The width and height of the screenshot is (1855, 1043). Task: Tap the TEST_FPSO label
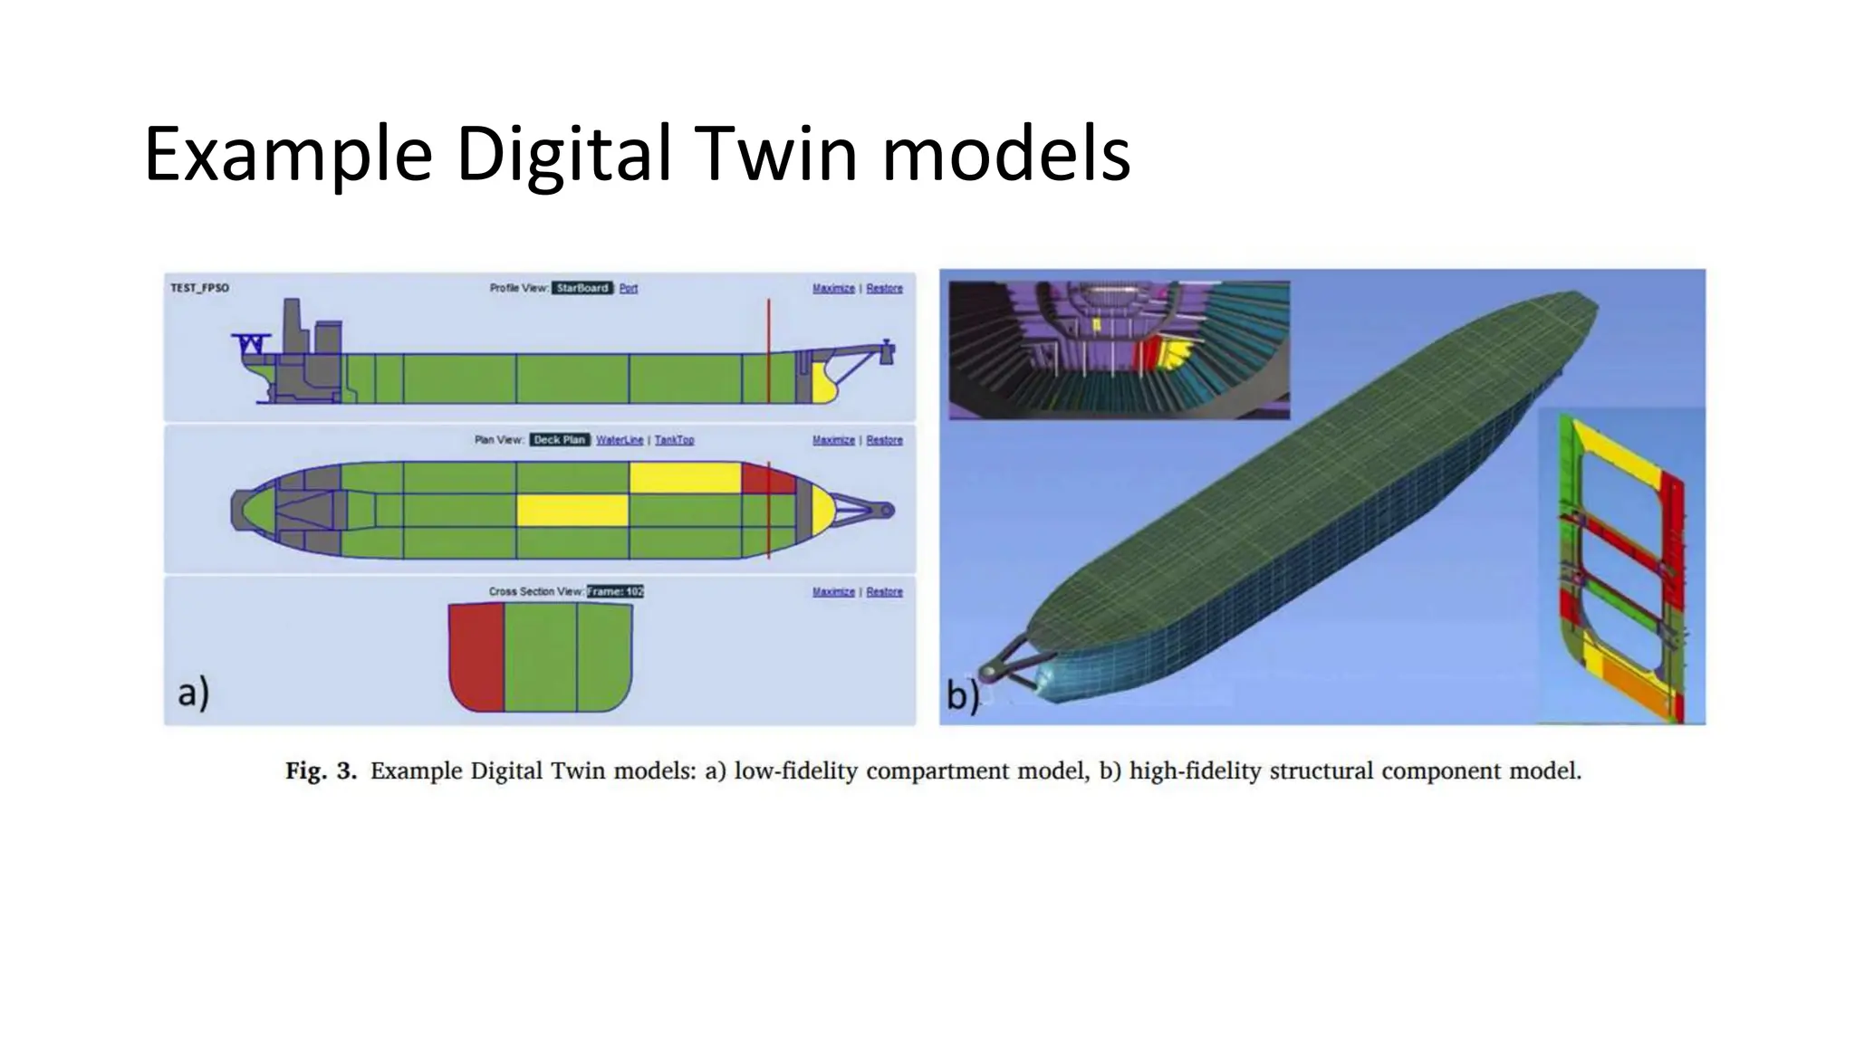pos(199,288)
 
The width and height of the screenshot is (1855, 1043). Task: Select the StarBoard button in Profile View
pos(582,288)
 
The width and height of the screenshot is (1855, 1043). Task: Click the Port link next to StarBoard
pos(629,288)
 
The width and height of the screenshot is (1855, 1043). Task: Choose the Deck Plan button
pos(560,440)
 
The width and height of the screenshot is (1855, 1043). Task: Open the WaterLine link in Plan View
pos(620,440)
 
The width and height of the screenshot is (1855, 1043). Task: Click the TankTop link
pos(674,440)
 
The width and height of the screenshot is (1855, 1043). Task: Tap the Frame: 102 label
pos(615,591)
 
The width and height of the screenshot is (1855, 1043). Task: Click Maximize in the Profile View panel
pos(833,288)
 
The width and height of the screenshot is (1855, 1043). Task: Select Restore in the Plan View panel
pos(884,440)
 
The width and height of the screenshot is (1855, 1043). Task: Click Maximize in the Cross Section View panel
pos(833,591)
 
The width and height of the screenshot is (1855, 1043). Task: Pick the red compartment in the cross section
pos(476,656)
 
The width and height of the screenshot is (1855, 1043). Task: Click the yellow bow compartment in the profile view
pos(821,384)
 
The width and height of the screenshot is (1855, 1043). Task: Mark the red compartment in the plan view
pos(767,478)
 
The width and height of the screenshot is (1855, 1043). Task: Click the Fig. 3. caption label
pos(322,771)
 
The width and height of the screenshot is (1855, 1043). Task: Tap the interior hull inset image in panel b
pos(1119,349)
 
